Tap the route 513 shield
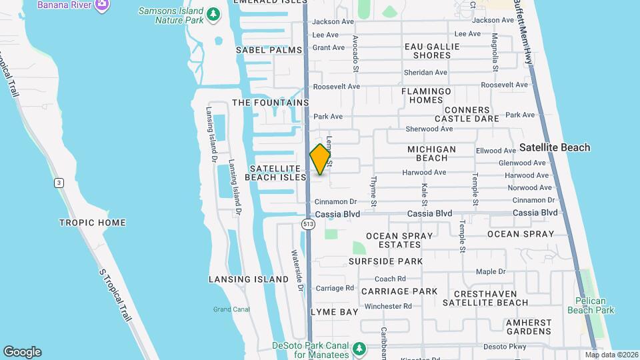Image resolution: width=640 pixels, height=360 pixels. coord(307,224)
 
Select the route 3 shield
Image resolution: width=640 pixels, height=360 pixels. coord(59,182)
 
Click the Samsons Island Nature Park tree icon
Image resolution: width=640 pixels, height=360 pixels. coord(213,14)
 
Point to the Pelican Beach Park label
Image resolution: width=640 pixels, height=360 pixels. coord(591,305)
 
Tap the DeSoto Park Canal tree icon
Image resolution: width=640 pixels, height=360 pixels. coord(359,349)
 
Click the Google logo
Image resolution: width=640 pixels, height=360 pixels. coord(22,352)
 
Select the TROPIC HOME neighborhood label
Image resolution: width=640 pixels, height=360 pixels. coord(93,222)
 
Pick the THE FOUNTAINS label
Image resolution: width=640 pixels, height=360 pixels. coord(271,103)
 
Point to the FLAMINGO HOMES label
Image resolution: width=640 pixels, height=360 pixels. coord(426,95)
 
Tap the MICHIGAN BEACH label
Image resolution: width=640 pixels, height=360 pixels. coord(431,153)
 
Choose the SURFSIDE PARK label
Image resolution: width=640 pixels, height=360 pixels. coord(385,261)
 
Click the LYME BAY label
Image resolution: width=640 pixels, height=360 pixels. coord(335,312)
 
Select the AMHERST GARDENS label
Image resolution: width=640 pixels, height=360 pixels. coord(529,327)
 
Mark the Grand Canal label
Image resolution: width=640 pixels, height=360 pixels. coord(231,309)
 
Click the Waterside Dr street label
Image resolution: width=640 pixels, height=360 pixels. coord(297,271)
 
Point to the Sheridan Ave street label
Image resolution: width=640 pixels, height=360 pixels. coord(425,72)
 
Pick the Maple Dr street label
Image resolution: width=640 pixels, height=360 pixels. coord(491,271)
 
